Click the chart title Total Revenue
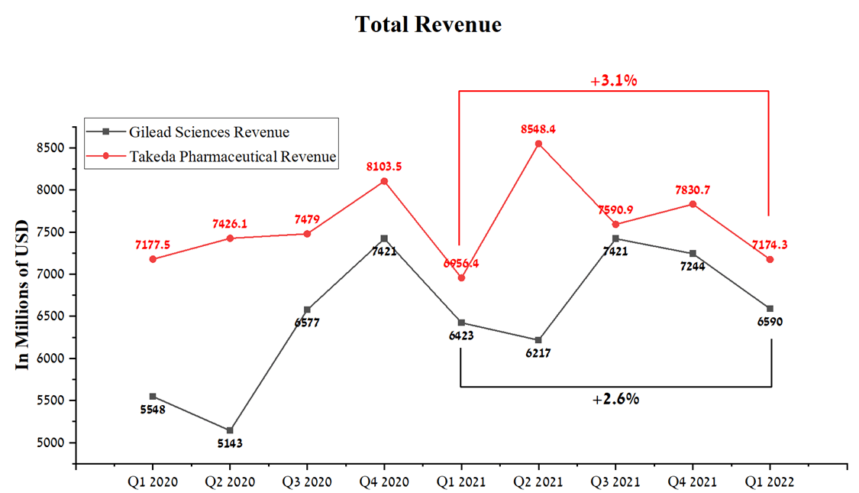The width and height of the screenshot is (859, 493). (428, 24)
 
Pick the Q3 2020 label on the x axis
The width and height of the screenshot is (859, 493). (307, 482)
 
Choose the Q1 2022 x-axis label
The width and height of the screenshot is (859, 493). (769, 482)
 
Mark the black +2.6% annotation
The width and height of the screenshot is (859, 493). (615, 398)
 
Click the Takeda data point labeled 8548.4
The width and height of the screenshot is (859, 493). (538, 144)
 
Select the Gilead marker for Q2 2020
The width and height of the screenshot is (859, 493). (230, 430)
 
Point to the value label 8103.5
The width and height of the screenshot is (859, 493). (384, 166)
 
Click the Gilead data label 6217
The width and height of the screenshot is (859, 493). (538, 353)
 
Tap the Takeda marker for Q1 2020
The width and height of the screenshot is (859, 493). (153, 259)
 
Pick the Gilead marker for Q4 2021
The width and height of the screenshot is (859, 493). (693, 253)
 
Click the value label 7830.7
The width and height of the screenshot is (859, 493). (693, 189)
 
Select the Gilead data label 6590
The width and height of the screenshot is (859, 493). (769, 322)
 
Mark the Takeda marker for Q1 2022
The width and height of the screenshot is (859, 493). (769, 260)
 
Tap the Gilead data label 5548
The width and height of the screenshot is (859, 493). (153, 410)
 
